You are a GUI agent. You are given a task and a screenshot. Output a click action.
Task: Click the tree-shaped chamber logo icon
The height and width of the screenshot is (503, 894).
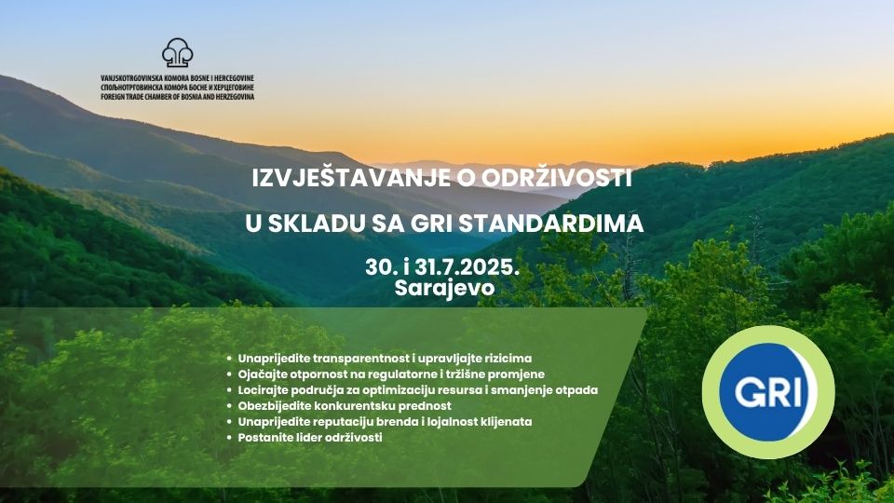[177, 52]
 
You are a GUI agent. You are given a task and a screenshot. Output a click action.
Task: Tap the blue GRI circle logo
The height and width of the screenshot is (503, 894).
[768, 392]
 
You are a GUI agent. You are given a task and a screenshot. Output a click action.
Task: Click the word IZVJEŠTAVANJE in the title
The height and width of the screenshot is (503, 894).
[351, 178]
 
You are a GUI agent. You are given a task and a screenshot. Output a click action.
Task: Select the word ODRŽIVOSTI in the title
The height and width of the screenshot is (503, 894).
[557, 179]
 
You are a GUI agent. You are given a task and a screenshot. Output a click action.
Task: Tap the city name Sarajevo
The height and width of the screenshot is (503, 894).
[444, 288]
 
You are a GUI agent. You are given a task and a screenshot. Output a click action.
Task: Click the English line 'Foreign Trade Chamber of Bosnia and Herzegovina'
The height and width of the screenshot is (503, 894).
[177, 97]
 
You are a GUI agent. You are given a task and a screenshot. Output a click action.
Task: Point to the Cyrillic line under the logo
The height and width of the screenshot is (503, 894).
[177, 88]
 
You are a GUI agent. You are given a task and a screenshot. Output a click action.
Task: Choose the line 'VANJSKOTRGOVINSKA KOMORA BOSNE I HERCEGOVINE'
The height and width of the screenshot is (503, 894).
[177, 78]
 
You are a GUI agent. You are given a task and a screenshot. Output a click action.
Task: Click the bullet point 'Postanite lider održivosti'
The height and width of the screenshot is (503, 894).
[310, 438]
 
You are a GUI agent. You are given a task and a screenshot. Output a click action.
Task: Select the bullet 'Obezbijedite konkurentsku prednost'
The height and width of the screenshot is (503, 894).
[345, 406]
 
